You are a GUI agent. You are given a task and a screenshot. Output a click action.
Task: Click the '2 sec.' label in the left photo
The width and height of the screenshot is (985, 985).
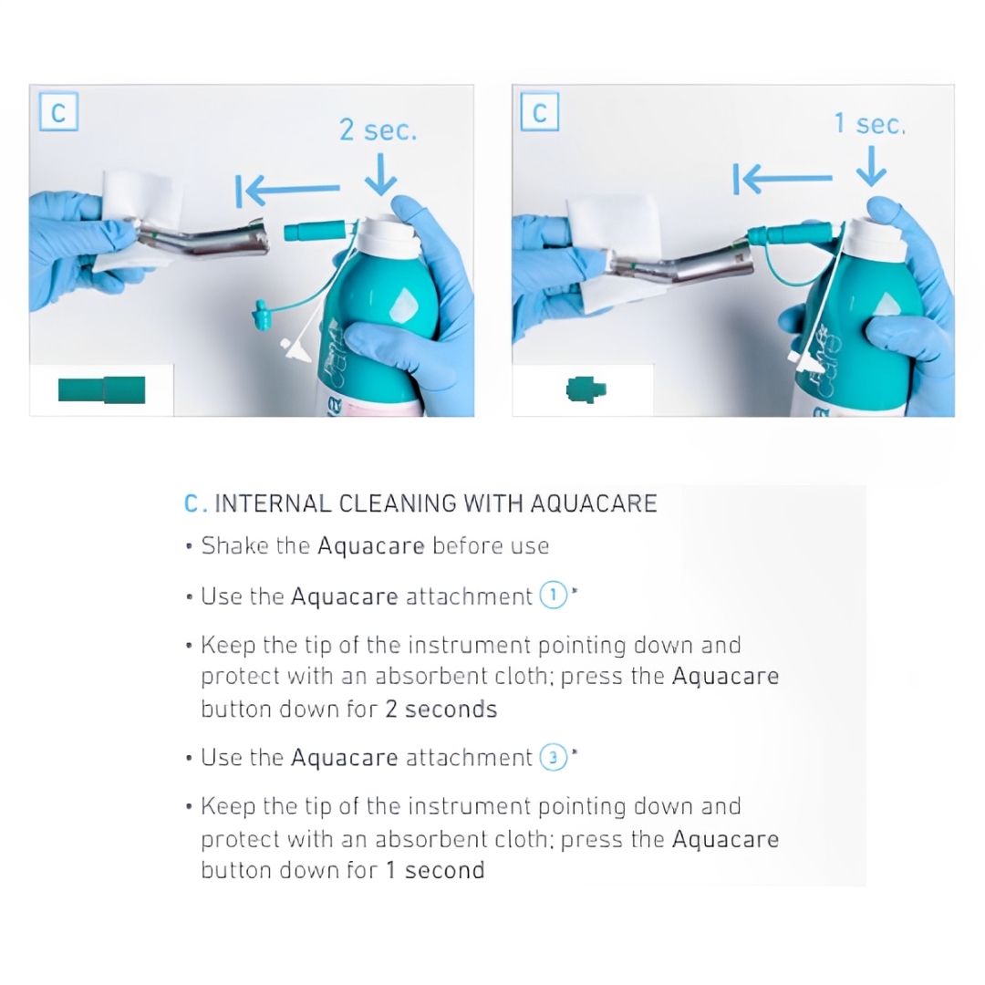pyautogui.click(x=378, y=130)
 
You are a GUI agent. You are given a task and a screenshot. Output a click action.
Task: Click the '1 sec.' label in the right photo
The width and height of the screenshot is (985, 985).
pyautogui.click(x=870, y=123)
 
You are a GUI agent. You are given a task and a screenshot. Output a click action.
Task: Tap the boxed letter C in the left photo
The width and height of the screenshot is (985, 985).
pyautogui.click(x=58, y=112)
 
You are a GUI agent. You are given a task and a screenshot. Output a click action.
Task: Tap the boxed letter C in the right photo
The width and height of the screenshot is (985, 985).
pyautogui.click(x=540, y=112)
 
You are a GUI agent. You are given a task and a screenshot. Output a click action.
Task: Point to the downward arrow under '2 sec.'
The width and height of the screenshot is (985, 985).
pyautogui.click(x=380, y=174)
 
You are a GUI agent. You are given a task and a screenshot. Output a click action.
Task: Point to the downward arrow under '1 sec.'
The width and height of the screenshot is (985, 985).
pyautogui.click(x=871, y=166)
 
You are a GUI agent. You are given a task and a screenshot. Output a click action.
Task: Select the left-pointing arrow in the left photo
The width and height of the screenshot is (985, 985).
pyautogui.click(x=287, y=190)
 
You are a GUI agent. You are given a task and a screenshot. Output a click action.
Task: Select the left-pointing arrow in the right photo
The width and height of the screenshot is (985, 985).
pyautogui.click(x=783, y=179)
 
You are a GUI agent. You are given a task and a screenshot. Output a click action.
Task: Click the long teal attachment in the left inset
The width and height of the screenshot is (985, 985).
pyautogui.click(x=102, y=389)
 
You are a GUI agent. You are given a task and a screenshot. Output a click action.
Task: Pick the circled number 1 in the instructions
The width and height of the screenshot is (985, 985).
pyautogui.click(x=554, y=595)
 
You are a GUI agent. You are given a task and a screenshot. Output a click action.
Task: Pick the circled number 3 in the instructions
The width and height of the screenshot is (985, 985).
pyautogui.click(x=554, y=758)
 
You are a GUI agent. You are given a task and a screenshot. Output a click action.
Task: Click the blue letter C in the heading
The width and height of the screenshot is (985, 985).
pyautogui.click(x=192, y=503)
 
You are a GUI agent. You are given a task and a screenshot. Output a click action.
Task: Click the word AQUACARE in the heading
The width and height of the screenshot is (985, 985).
pyautogui.click(x=594, y=503)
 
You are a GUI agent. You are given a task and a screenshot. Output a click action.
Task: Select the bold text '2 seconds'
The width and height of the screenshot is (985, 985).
pyautogui.click(x=441, y=710)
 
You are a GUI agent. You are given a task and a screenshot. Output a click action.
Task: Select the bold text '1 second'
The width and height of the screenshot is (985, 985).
pyautogui.click(x=435, y=871)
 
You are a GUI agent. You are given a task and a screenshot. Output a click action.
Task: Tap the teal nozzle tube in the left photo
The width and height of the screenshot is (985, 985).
pyautogui.click(x=315, y=231)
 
